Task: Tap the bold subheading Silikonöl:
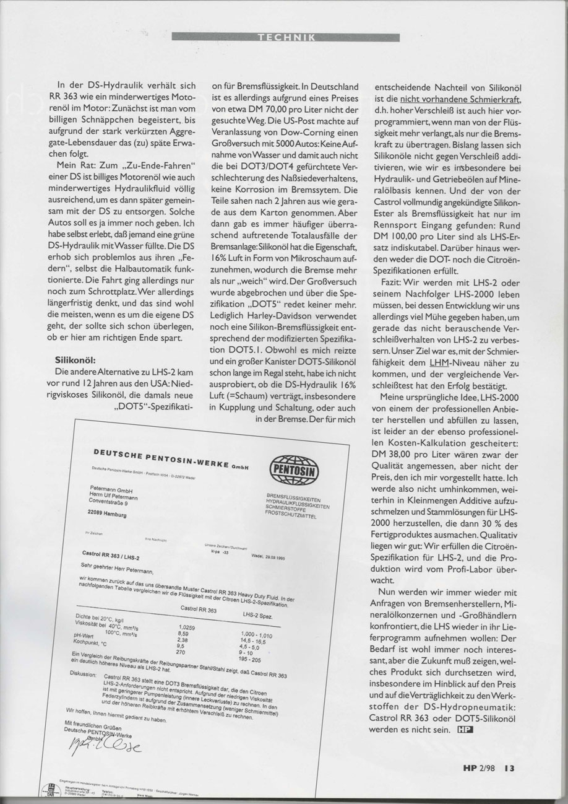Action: [x=76, y=359]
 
